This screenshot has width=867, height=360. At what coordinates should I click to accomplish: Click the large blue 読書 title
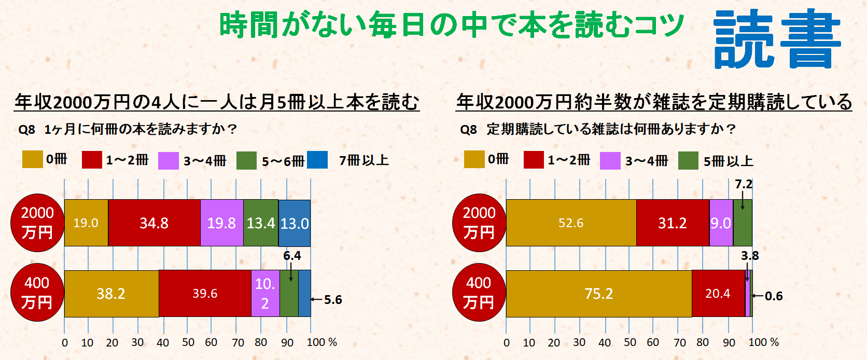pyautogui.click(x=777, y=39)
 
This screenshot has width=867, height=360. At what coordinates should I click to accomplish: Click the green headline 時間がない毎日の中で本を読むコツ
pyautogui.click(x=451, y=25)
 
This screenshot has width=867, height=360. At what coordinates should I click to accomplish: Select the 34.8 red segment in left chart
pyautogui.click(x=154, y=223)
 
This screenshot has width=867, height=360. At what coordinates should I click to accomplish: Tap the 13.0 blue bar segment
pyautogui.click(x=295, y=223)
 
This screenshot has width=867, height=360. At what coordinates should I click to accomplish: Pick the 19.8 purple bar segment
pyautogui.click(x=221, y=223)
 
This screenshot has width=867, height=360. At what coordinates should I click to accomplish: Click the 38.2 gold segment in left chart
pyautogui.click(x=111, y=294)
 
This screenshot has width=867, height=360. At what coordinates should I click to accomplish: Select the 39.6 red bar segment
pyautogui.click(x=205, y=294)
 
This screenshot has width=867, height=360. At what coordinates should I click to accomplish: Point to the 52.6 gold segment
pyautogui.click(x=571, y=223)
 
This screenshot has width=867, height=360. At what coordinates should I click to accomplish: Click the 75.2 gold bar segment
pyautogui.click(x=599, y=294)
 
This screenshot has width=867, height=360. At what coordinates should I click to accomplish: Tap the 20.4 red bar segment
pyautogui.click(x=718, y=294)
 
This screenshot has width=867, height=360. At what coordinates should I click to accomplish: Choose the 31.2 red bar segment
pyautogui.click(x=673, y=223)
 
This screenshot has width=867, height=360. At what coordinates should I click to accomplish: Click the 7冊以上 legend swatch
pyautogui.click(x=317, y=160)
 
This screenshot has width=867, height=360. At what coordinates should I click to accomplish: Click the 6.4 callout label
pyautogui.click(x=292, y=256)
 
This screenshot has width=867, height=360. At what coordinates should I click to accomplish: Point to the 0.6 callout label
pyautogui.click(x=774, y=296)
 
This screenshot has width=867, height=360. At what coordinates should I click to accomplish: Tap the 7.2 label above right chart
pyautogui.click(x=744, y=184)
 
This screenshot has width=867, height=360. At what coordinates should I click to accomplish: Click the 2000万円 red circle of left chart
pyautogui.click(x=37, y=223)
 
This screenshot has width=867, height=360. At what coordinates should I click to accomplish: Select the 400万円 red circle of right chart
pyautogui.click(x=479, y=293)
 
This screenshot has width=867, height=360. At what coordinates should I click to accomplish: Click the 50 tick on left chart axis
pyautogui.click(x=188, y=342)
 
